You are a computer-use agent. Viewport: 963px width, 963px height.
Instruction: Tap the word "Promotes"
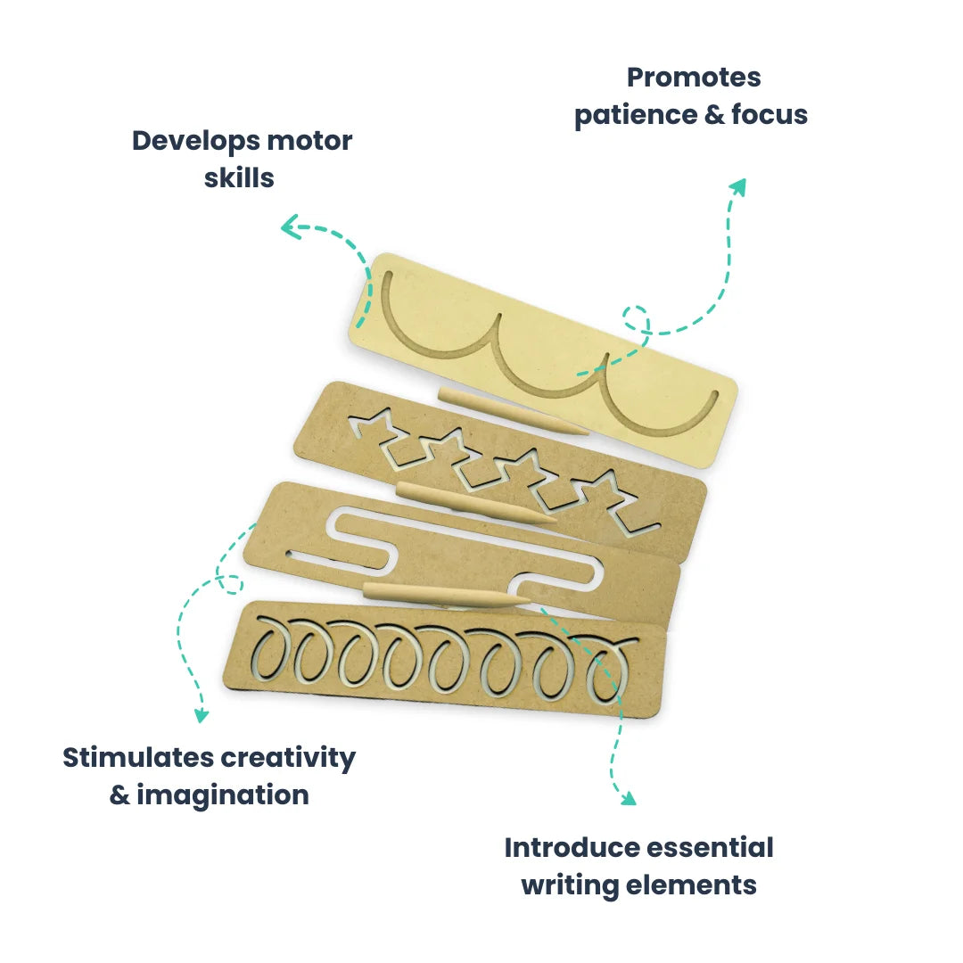click(694, 77)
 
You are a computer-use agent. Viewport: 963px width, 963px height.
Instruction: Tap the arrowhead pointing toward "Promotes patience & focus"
click(737, 185)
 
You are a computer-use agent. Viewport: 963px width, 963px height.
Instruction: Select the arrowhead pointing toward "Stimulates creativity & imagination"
click(202, 714)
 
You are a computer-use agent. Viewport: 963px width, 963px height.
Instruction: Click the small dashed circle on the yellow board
click(637, 318)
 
